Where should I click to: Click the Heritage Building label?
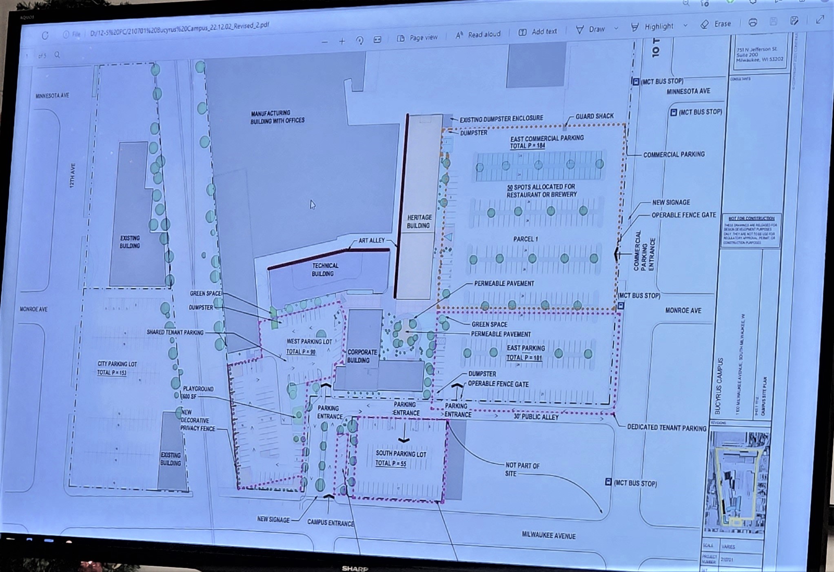point(419,222)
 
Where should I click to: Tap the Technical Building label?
point(324,270)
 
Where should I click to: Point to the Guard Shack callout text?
point(594,116)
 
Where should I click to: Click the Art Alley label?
point(371,241)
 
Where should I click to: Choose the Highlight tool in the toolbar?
point(653,27)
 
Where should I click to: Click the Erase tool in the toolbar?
point(716,24)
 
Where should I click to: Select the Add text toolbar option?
point(538,32)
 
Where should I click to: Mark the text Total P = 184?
point(527,146)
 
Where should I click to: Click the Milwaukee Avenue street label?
point(548,535)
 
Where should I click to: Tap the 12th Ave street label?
point(72,175)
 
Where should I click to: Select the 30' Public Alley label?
point(536,417)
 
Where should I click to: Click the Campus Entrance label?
point(330,523)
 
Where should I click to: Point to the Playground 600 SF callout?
point(198,392)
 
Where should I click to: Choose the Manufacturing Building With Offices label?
point(277,117)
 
